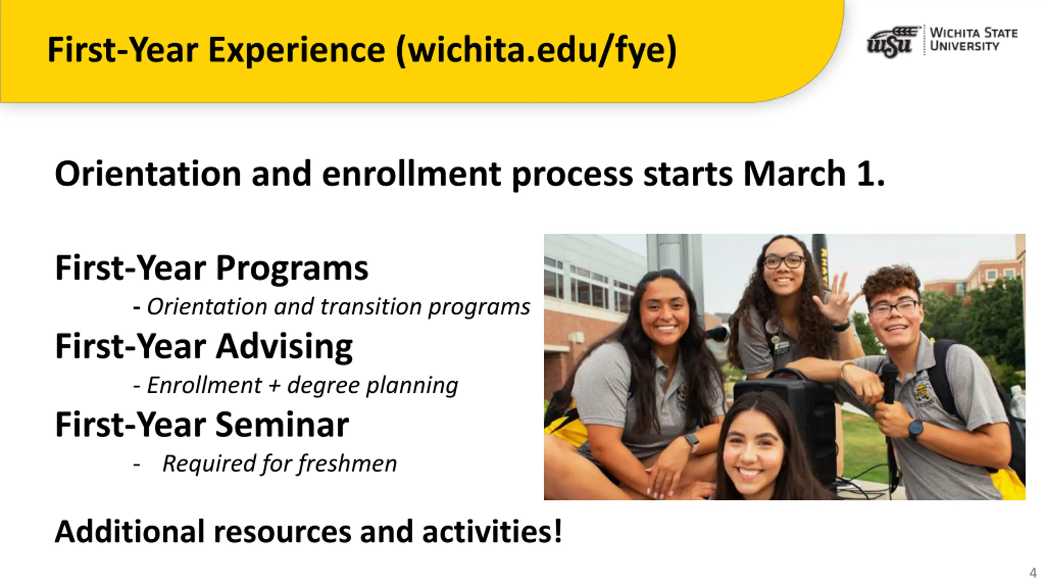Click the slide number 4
click(x=1033, y=573)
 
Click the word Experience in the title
click(x=297, y=50)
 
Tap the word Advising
click(x=284, y=346)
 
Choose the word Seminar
click(x=282, y=425)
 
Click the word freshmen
click(x=347, y=464)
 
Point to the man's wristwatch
click(x=916, y=429)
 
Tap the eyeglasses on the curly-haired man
click(x=894, y=307)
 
